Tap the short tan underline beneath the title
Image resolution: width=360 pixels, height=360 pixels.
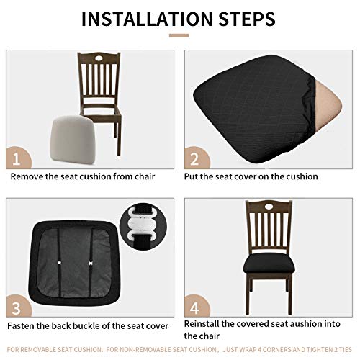click(x=179, y=35)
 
